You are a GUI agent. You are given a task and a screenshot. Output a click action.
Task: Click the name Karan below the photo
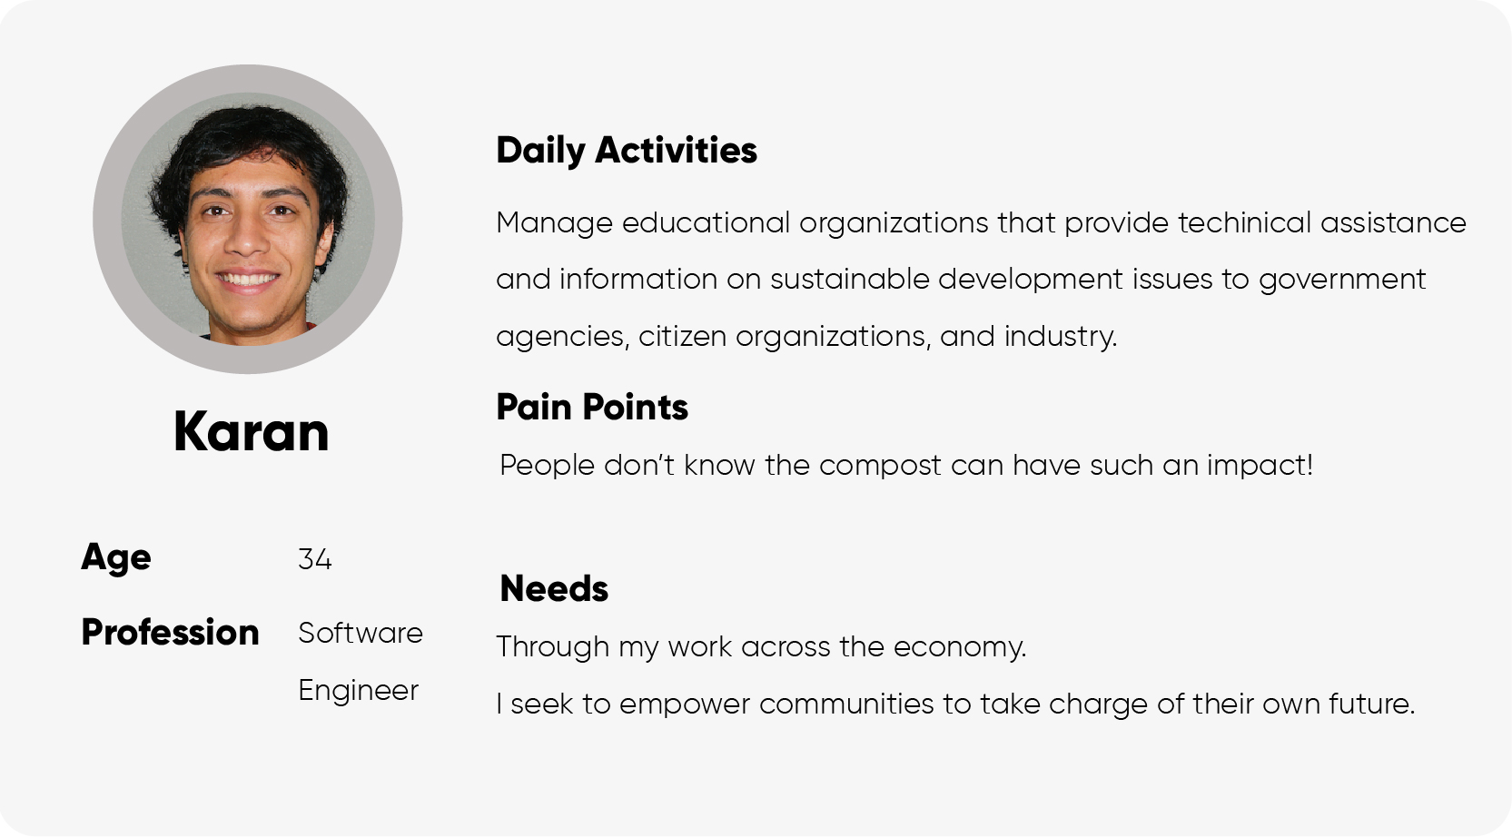252,431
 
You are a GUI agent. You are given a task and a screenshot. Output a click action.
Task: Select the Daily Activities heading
627,151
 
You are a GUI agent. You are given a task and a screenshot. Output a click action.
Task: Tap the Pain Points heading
592,407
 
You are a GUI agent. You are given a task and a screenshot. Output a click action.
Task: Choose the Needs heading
554,588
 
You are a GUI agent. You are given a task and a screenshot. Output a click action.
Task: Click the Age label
115,558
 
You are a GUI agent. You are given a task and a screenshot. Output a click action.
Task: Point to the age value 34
314,559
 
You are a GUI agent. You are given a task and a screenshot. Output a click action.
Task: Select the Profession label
170,633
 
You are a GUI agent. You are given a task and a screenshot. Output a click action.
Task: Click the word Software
361,633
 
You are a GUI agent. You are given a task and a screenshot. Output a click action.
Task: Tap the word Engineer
359,691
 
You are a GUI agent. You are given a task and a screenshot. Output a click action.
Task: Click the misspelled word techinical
1244,222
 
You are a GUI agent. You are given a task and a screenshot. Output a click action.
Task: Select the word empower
685,705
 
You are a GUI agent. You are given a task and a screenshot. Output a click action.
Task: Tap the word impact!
1260,466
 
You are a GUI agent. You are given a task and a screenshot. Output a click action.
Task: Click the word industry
1061,336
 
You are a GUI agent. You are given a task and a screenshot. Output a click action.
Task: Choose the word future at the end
1371,704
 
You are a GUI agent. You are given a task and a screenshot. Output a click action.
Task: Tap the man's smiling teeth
247,278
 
